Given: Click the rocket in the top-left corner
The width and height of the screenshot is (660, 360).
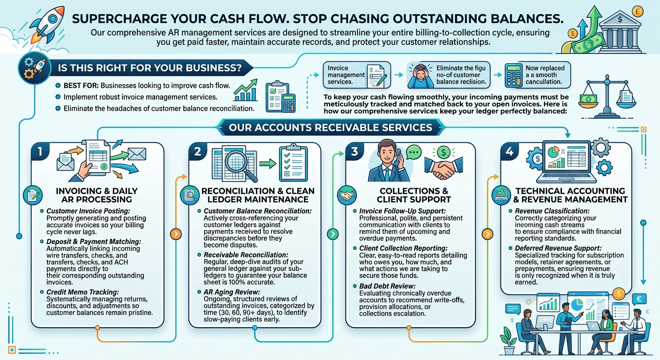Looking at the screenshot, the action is pyautogui.click(x=47, y=27).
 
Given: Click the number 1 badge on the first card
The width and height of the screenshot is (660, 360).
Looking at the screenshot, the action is pyautogui.click(x=40, y=151).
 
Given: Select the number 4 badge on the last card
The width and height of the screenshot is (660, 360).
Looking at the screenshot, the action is pyautogui.click(x=510, y=151).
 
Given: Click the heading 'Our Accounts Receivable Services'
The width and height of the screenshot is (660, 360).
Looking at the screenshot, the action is pyautogui.click(x=330, y=127).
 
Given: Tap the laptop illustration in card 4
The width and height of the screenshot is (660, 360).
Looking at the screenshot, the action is pyautogui.click(x=566, y=161).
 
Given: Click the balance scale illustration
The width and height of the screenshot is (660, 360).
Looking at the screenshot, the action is pyautogui.click(x=607, y=97).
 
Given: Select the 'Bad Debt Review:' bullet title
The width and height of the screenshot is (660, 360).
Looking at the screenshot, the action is pyautogui.click(x=387, y=286).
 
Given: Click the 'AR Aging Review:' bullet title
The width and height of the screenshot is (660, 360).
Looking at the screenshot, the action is pyautogui.click(x=232, y=292).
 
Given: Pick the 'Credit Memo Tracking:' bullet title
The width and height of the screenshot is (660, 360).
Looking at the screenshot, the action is pyautogui.click(x=82, y=292).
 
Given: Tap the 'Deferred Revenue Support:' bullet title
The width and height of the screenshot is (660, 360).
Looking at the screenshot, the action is pyautogui.click(x=558, y=248).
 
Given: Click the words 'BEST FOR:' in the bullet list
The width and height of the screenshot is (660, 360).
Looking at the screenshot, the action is pyautogui.click(x=81, y=86).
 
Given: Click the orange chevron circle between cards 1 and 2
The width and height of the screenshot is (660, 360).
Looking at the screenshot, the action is pyautogui.click(x=176, y=234).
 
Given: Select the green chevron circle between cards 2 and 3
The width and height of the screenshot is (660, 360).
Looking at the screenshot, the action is pyautogui.click(x=333, y=234).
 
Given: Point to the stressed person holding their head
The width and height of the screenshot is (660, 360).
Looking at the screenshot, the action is pyautogui.click(x=420, y=76).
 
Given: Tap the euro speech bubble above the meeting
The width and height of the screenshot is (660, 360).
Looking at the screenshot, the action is pyautogui.click(x=639, y=300).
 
